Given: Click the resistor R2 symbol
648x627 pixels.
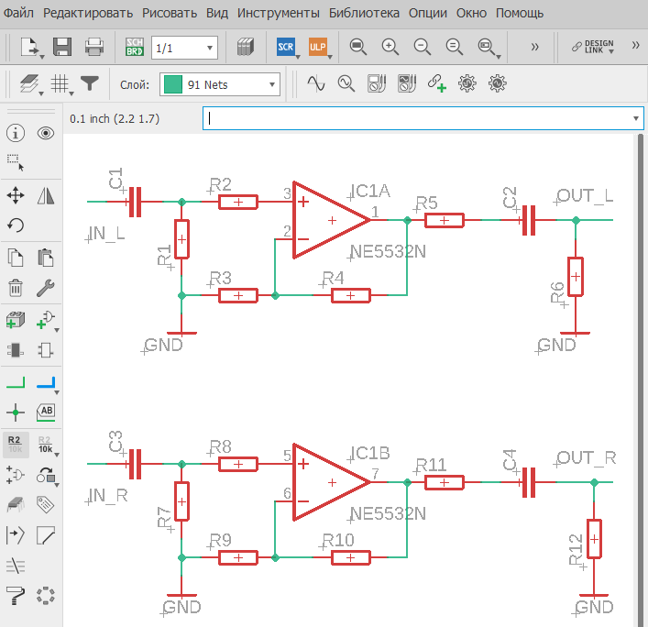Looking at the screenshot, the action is click(x=238, y=202).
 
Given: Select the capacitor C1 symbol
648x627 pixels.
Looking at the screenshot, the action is click(x=135, y=202).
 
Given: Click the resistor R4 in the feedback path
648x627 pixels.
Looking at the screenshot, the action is click(x=350, y=295).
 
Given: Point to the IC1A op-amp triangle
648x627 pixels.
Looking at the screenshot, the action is click(x=331, y=220).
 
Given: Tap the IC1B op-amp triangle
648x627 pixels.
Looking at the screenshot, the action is click(x=331, y=482).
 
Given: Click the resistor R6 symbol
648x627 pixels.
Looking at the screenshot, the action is click(x=576, y=277).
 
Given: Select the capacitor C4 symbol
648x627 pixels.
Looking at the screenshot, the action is click(x=529, y=482).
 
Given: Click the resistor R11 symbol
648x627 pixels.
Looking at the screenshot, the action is click(x=445, y=482).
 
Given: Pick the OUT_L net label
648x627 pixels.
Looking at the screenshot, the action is click(x=585, y=196).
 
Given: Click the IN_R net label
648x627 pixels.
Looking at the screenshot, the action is click(x=107, y=495).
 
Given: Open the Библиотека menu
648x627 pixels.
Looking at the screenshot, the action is click(x=364, y=13).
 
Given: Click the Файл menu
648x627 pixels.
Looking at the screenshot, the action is click(x=18, y=13).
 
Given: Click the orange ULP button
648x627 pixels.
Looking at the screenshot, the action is click(x=318, y=47).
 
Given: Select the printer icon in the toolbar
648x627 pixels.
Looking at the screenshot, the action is click(x=94, y=47).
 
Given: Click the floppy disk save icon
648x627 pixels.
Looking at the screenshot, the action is click(x=62, y=47).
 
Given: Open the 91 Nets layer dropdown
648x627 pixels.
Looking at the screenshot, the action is click(x=220, y=84).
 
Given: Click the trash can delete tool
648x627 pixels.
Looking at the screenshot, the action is click(x=16, y=288).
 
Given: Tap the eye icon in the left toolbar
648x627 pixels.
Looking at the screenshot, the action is click(x=46, y=133).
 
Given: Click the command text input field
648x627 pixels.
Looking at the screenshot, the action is click(x=423, y=118).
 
